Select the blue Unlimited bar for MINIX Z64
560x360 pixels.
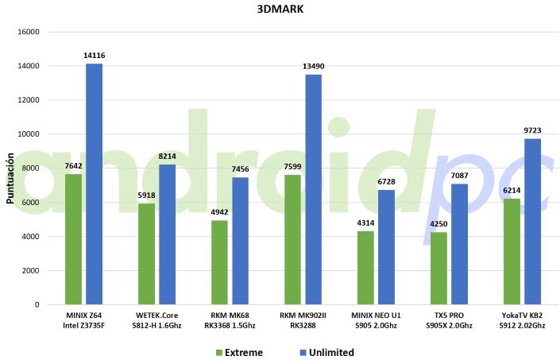[x=94, y=184]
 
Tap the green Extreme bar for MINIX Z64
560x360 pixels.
[x=73, y=239]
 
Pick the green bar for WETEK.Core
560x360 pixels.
[x=146, y=254]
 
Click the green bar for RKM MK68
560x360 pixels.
[x=219, y=262]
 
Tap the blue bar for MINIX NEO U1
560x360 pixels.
[x=386, y=247]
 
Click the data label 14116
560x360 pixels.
[x=94, y=56]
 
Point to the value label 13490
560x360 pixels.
[x=313, y=67]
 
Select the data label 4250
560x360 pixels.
[x=438, y=224]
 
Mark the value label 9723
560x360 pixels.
[x=532, y=130]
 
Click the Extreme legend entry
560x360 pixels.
[x=239, y=352]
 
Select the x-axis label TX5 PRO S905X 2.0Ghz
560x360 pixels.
[x=450, y=320]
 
